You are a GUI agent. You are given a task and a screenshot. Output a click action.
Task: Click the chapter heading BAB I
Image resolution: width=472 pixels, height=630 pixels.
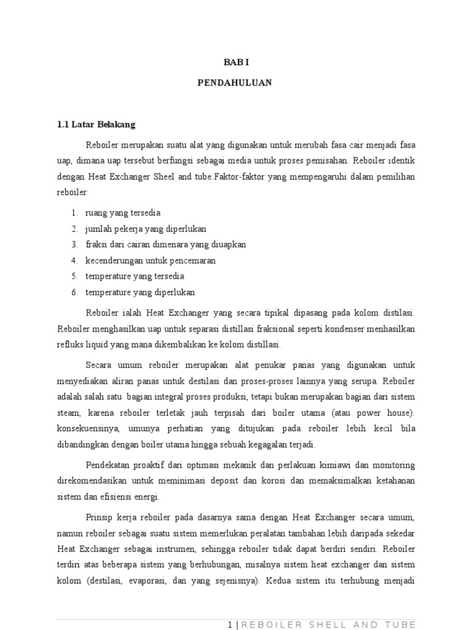[x=236, y=62]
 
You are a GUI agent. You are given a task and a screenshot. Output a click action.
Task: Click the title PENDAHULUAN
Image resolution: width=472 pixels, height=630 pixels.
[x=235, y=82]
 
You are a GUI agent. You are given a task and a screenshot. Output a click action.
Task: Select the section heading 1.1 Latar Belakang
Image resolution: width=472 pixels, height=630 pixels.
[x=96, y=124]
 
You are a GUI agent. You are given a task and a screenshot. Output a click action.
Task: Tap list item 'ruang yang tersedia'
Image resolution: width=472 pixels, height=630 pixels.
[x=123, y=213]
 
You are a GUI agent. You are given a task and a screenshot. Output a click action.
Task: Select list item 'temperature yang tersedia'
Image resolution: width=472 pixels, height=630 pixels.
[x=135, y=276]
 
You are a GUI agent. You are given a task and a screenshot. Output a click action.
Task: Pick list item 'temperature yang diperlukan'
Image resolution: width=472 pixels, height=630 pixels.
[x=140, y=292]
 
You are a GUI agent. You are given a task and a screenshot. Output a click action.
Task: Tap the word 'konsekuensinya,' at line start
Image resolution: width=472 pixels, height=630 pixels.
[x=84, y=428]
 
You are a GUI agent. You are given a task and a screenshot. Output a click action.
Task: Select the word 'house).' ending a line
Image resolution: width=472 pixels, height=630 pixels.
[x=399, y=412]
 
